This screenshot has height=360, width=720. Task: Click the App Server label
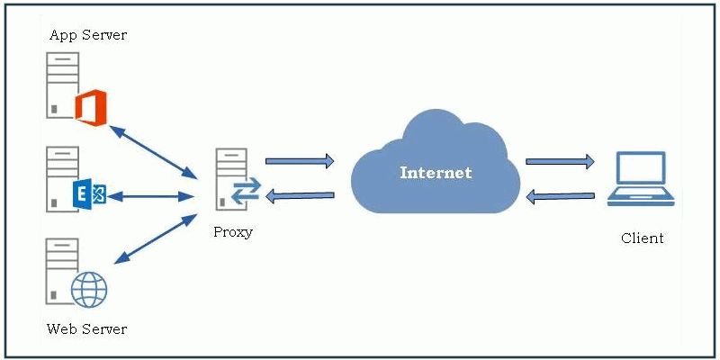coord(87,35)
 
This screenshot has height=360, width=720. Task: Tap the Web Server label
coord(86,328)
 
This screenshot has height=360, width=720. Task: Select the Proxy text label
coord(233,232)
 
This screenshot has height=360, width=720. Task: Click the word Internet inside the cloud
coord(436,172)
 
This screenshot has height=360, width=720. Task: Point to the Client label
coord(642,238)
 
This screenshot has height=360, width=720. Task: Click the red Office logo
coord(90,106)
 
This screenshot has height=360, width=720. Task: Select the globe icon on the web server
coord(89,289)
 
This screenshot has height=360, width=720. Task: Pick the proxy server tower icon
coord(230,180)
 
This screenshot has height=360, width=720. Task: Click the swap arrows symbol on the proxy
coord(245,190)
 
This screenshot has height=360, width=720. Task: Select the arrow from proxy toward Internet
coord(300,161)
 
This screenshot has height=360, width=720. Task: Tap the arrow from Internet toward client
coord(560,162)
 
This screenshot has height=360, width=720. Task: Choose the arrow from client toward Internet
coord(560,195)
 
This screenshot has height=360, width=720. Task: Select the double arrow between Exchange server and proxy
coord(154,195)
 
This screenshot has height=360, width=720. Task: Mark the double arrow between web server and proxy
coord(155,239)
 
